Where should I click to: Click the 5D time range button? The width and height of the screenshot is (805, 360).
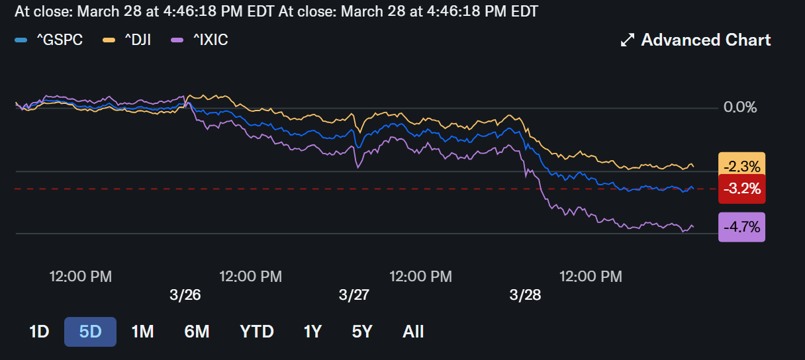pyautogui.click(x=90, y=332)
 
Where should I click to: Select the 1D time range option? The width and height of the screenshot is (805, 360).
pyautogui.click(x=39, y=332)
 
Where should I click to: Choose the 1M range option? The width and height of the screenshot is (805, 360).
pyautogui.click(x=143, y=332)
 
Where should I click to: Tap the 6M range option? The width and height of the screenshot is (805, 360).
pyautogui.click(x=197, y=332)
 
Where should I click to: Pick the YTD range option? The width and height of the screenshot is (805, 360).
pyautogui.click(x=257, y=332)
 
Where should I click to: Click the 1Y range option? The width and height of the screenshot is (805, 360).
pyautogui.click(x=312, y=332)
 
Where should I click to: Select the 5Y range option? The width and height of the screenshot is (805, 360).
pyautogui.click(x=362, y=332)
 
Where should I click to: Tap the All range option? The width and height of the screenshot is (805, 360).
pyautogui.click(x=413, y=332)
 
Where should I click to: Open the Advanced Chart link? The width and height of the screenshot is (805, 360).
pyautogui.click(x=696, y=40)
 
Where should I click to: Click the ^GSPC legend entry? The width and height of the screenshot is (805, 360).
pyautogui.click(x=49, y=40)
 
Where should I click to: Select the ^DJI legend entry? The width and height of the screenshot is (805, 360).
pyautogui.click(x=127, y=40)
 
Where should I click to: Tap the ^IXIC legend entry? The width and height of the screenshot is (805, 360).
pyautogui.click(x=199, y=40)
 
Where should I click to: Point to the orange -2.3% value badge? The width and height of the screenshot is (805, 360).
pyautogui.click(x=741, y=166)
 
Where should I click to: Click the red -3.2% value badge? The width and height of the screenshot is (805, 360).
pyautogui.click(x=741, y=189)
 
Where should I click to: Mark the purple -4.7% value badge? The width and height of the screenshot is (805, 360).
pyautogui.click(x=741, y=227)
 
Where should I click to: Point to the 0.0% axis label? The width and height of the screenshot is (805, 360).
pyautogui.click(x=740, y=107)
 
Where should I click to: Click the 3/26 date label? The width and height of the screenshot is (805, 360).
pyautogui.click(x=185, y=295)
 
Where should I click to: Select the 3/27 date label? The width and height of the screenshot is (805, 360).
pyautogui.click(x=354, y=295)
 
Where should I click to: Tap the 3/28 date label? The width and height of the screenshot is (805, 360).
pyautogui.click(x=525, y=295)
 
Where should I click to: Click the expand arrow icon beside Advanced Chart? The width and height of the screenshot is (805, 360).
pyautogui.click(x=628, y=40)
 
